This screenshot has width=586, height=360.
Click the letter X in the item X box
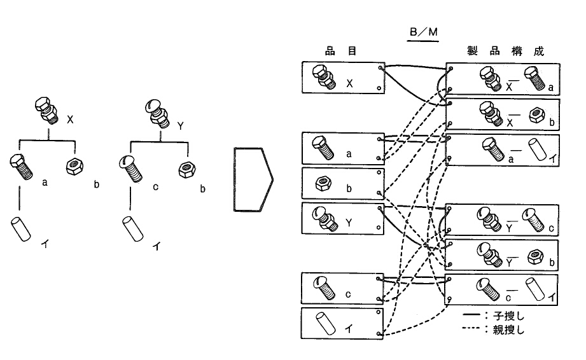point(350,83)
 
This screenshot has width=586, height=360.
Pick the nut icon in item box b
point(322,184)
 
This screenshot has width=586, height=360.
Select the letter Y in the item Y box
point(349,221)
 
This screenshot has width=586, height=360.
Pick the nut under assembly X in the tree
point(75,167)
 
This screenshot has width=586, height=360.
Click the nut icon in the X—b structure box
point(535,114)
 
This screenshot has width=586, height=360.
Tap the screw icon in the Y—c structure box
point(533,221)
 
